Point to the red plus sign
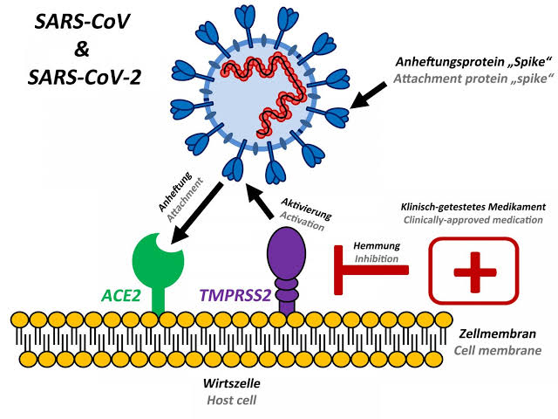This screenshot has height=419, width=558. (x=474, y=271)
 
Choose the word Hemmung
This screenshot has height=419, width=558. (x=377, y=247)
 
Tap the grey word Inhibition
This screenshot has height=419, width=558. (x=377, y=259)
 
